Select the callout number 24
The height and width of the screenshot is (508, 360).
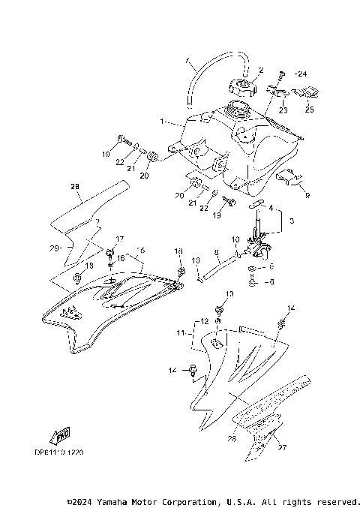301,74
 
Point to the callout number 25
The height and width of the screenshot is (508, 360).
310,110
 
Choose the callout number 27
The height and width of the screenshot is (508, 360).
282,449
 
